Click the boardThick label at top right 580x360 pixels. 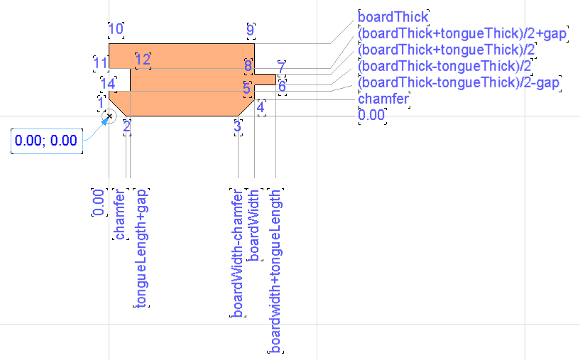(394, 16)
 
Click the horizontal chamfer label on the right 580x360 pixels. (383, 99)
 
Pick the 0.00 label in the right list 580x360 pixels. (372, 115)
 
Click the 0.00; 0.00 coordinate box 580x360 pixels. (46, 141)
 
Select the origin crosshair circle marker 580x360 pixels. (109, 116)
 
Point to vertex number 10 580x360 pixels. (116, 29)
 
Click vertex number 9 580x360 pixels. (250, 30)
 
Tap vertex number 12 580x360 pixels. (143, 59)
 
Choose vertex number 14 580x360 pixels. (107, 84)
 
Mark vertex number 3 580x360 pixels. (237, 126)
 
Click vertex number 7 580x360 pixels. (282, 67)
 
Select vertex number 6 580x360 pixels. (282, 87)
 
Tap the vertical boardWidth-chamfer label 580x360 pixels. (238, 252)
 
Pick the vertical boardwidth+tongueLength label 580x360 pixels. (275, 271)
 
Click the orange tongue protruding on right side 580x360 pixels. (265, 79)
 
